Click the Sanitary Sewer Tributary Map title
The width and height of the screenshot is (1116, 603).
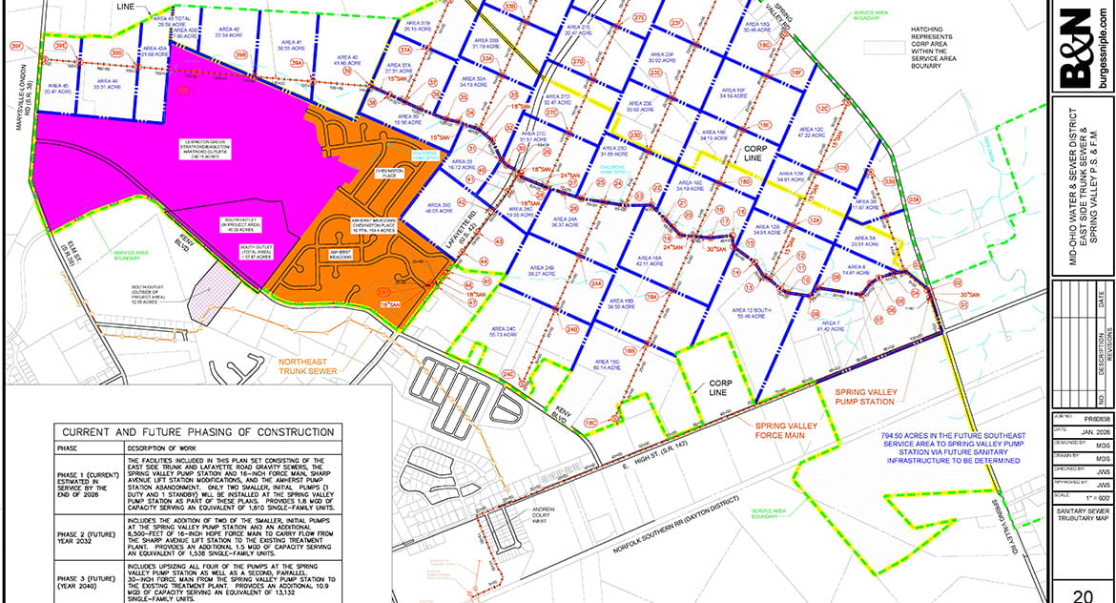click(1083, 543)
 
